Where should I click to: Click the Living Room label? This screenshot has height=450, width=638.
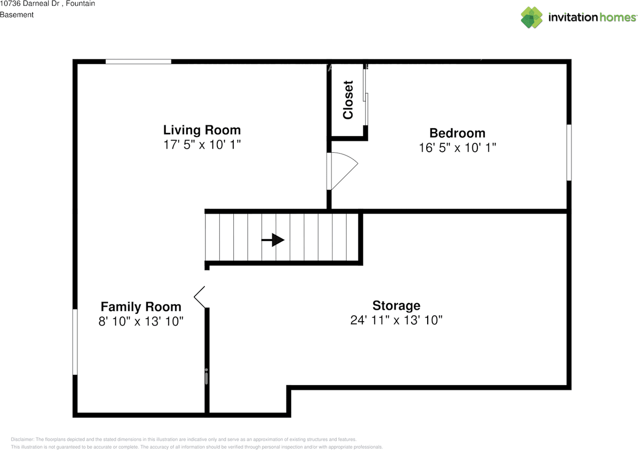click(202, 130)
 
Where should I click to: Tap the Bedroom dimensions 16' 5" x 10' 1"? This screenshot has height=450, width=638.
click(458, 148)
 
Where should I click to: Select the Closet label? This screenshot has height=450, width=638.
click(348, 100)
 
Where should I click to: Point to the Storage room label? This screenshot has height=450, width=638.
click(396, 305)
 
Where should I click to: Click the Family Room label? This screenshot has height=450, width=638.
click(141, 307)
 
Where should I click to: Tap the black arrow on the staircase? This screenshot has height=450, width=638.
click(273, 240)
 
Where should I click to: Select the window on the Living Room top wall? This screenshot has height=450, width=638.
click(139, 61)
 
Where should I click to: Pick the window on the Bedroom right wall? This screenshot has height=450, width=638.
click(569, 153)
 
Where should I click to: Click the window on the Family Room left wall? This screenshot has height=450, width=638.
click(75, 342)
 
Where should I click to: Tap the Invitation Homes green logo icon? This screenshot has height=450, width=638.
click(531, 17)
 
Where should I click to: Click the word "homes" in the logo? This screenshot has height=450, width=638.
click(618, 17)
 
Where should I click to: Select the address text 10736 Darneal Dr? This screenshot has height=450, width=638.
click(29, 3)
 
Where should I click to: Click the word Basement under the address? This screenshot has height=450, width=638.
click(17, 14)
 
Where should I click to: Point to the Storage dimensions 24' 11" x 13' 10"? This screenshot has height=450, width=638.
click(396, 320)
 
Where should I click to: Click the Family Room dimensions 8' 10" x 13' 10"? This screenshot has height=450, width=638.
click(141, 321)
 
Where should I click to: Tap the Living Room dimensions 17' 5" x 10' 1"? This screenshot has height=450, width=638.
click(202, 145)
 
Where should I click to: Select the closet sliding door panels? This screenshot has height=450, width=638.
click(365, 97)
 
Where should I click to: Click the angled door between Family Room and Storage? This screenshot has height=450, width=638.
click(199, 297)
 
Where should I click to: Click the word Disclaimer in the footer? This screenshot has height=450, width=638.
click(22, 440)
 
